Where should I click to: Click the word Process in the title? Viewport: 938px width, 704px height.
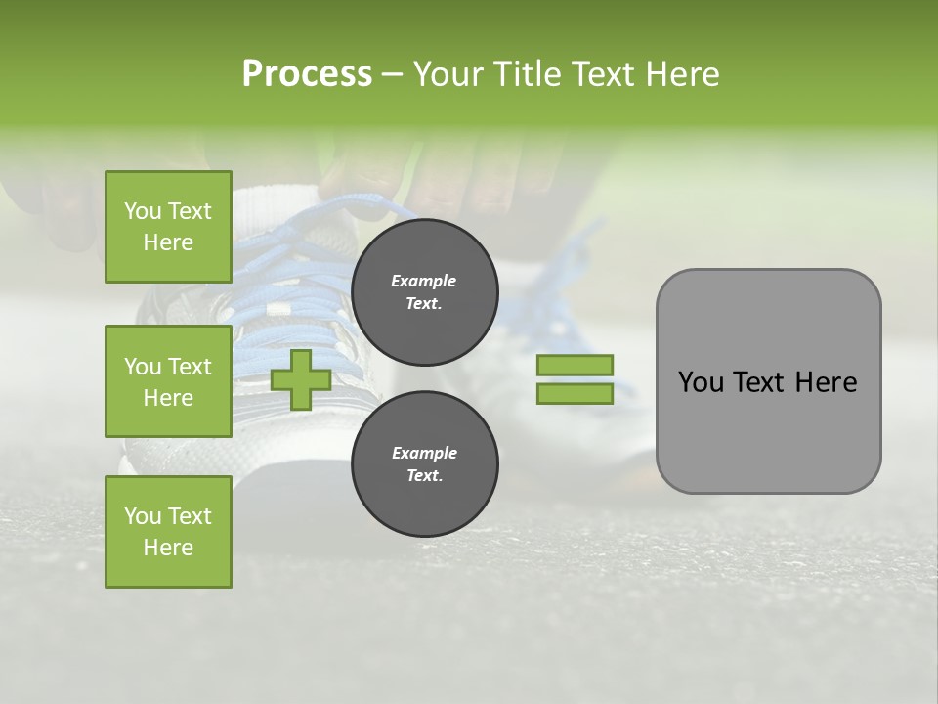pos(307,74)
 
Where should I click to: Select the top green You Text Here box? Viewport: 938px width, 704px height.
pos(168,227)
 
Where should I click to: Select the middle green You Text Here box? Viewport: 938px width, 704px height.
pos(168,381)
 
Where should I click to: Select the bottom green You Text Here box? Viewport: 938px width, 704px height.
pos(168,532)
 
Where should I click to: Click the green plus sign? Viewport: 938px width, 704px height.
pos(301,379)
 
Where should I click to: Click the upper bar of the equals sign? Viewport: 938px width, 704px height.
pos(575,365)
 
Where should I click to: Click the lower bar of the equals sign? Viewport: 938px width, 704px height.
pos(575,394)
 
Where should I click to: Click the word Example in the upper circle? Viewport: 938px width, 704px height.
pos(424,281)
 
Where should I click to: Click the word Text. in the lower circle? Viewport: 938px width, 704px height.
pos(424,476)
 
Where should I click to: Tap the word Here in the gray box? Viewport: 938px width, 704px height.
pos(826,382)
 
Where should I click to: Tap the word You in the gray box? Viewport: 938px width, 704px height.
pos(701,382)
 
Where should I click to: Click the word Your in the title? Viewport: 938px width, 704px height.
pos(448,74)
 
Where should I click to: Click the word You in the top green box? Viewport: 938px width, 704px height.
pos(143,211)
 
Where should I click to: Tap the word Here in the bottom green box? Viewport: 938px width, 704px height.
pos(168,548)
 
